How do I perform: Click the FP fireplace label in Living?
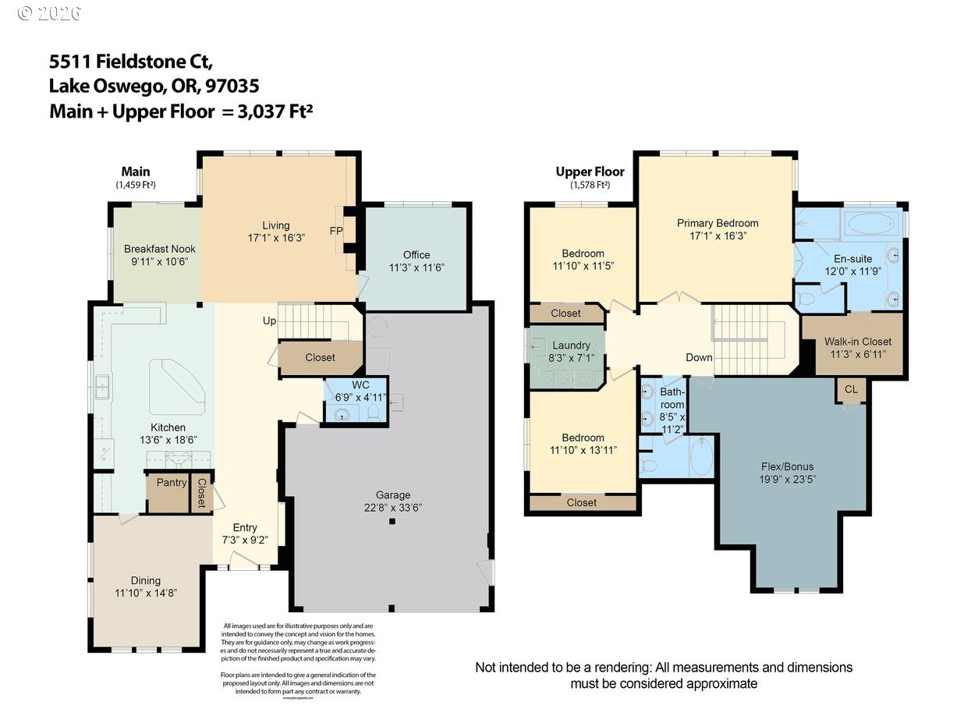pos(336,231)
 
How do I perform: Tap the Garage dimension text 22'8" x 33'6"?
pos(393,507)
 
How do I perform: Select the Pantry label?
pos(171,483)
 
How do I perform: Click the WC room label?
pos(360,385)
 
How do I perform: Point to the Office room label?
pos(416,255)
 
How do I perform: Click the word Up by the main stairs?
pos(269,321)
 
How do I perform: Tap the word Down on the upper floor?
pos(699,357)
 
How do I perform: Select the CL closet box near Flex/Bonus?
pos(850,388)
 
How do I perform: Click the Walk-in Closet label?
pos(857,342)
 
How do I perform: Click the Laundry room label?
pos(571,346)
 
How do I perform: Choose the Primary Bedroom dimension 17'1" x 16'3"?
pos(717,235)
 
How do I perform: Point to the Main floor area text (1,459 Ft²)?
pos(136,186)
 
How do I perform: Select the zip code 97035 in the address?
pos(231,86)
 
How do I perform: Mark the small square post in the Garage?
pos(393,521)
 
